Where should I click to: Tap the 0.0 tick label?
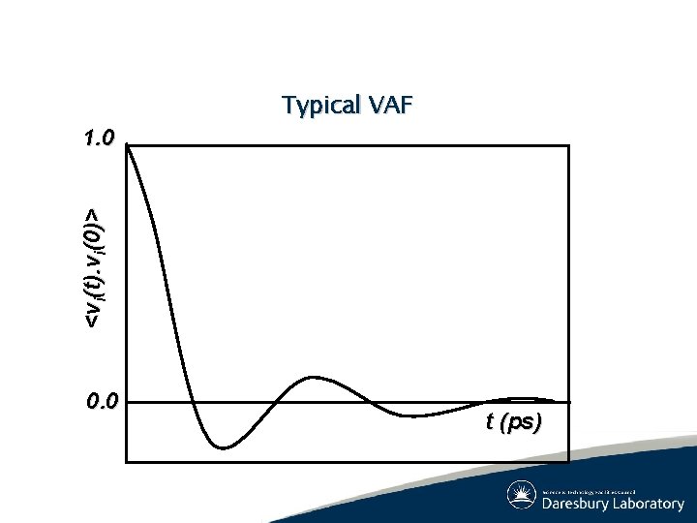coord(101,400)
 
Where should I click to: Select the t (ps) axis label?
coord(513,422)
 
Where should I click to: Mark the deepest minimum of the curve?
coord(223,447)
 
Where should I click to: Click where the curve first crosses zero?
coord(192,401)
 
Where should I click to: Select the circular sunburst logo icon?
coord(522,495)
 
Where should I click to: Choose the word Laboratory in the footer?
coord(649,504)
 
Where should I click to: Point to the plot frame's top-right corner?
coord(569,146)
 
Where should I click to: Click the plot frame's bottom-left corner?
coord(128,461)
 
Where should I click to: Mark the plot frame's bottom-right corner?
coord(569,461)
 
